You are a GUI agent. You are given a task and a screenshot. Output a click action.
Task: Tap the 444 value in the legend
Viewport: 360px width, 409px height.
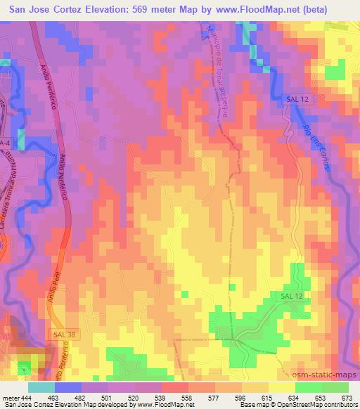25,397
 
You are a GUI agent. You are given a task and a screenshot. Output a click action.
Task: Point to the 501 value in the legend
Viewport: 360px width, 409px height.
105,397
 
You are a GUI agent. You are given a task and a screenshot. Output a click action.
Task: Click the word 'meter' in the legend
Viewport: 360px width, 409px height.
10,397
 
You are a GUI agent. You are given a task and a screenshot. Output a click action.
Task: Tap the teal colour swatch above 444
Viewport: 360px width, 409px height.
41,387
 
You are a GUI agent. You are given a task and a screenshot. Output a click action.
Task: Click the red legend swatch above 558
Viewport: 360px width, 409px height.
176,387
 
